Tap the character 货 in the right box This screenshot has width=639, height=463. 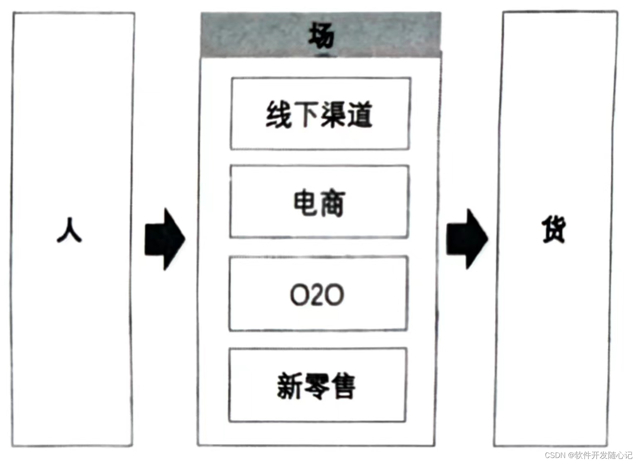(554, 231)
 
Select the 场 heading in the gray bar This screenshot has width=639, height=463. (321, 36)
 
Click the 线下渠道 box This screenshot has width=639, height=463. (320, 114)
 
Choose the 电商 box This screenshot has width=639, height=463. (319, 202)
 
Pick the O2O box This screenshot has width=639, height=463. (317, 294)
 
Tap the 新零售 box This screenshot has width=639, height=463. (317, 385)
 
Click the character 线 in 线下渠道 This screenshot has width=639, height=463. (279, 115)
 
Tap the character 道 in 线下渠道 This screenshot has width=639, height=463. (359, 115)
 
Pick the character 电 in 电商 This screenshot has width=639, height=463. (305, 203)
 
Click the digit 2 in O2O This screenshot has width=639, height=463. (317, 295)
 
